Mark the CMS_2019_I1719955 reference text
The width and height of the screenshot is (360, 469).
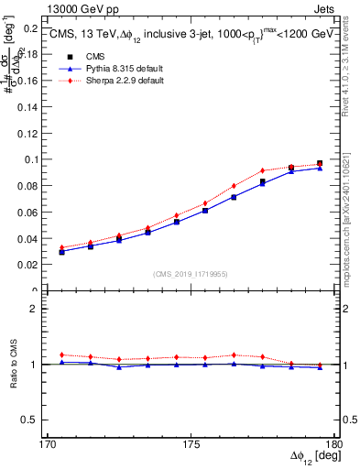[x=190, y=273]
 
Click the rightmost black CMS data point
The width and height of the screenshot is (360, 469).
[x=320, y=163]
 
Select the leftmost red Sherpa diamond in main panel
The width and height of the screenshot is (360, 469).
[x=61, y=247]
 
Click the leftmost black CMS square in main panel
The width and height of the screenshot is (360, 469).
[x=61, y=252]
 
